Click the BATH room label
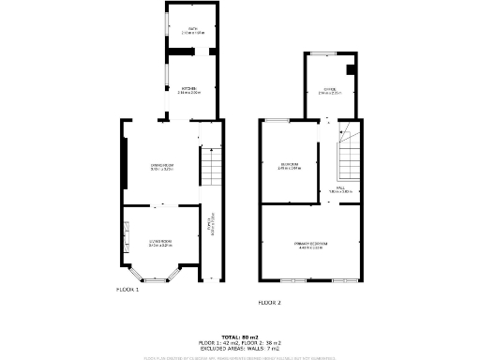point(192,31)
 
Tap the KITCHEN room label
point(189,89)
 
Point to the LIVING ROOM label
point(160,243)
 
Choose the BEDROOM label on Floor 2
point(290,167)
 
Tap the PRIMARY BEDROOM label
point(309,244)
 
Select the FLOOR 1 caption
point(127,290)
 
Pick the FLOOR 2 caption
point(270,303)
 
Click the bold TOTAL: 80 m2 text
point(240,336)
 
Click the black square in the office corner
point(349,69)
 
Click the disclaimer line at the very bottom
point(240,357)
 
